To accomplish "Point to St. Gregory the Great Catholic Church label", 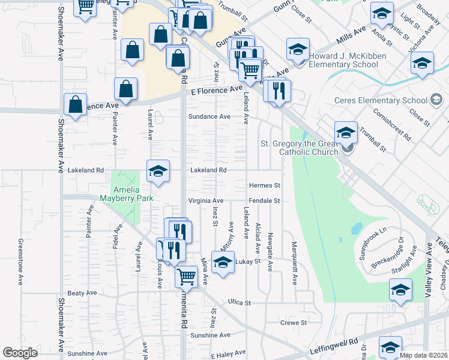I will pyautogui.click(x=299, y=148).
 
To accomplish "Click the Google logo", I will pyautogui.click(x=20, y=353).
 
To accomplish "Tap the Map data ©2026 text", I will pyautogui.click(x=423, y=355).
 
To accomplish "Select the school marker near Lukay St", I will pyautogui.click(x=223, y=264).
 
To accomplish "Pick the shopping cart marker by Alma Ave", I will pyautogui.click(x=187, y=277).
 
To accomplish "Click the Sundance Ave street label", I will pyautogui.click(x=209, y=116).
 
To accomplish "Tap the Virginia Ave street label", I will pyautogui.click(x=206, y=200).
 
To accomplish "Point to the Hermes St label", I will pyautogui.click(x=265, y=185).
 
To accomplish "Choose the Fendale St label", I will pyautogui.click(x=265, y=200).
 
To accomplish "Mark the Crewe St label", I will pyautogui.click(x=294, y=323).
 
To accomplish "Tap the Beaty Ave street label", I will pyautogui.click(x=82, y=293).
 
